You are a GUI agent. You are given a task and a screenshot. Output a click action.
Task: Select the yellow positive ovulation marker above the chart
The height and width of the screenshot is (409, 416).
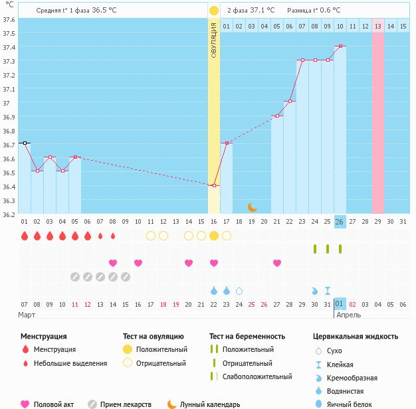click(x=213, y=11)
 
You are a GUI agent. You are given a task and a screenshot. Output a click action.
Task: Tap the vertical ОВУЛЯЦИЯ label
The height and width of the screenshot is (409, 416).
click(x=213, y=40)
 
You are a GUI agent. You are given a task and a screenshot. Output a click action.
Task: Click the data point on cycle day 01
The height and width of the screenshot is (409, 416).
click(x=25, y=143)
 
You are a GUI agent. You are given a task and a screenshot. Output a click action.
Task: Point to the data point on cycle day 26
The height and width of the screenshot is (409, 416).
click(x=340, y=46)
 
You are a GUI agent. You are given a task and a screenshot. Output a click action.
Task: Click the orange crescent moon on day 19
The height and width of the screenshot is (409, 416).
click(x=252, y=206)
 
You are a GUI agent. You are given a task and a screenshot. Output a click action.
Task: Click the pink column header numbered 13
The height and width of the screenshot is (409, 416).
click(x=377, y=26)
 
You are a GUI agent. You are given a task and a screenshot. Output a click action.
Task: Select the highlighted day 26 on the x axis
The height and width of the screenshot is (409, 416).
click(x=340, y=221)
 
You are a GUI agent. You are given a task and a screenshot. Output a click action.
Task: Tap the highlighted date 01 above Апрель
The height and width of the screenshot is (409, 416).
click(x=340, y=304)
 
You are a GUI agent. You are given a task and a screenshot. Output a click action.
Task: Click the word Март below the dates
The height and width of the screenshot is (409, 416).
click(x=27, y=315)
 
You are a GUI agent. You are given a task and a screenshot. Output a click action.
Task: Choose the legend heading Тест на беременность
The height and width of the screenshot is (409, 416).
click(x=247, y=337)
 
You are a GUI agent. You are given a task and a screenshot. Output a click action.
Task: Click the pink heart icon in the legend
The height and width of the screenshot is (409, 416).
click(x=25, y=404)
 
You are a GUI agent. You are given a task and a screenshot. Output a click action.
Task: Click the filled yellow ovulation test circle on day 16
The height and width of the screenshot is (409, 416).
click(x=214, y=236)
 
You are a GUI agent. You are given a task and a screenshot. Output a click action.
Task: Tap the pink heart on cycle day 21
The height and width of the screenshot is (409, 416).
click(x=277, y=263)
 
